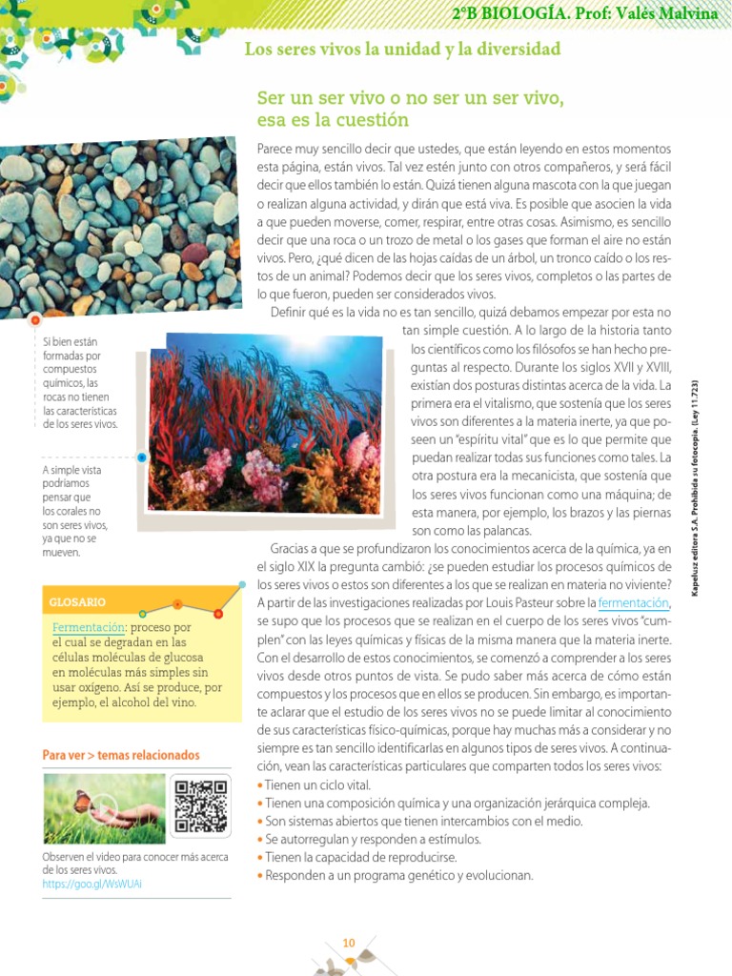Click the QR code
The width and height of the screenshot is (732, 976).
200,805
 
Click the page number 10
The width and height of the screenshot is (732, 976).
349,943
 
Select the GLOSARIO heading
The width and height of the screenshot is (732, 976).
77,602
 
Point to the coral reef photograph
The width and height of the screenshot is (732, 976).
264,422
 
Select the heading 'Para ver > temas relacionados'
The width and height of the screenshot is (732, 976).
121,755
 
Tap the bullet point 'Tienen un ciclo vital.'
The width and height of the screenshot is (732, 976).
317,785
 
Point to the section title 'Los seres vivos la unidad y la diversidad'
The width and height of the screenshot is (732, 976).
402,49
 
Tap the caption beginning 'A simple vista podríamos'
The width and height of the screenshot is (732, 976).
74,511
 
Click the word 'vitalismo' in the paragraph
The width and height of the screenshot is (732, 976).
492,403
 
